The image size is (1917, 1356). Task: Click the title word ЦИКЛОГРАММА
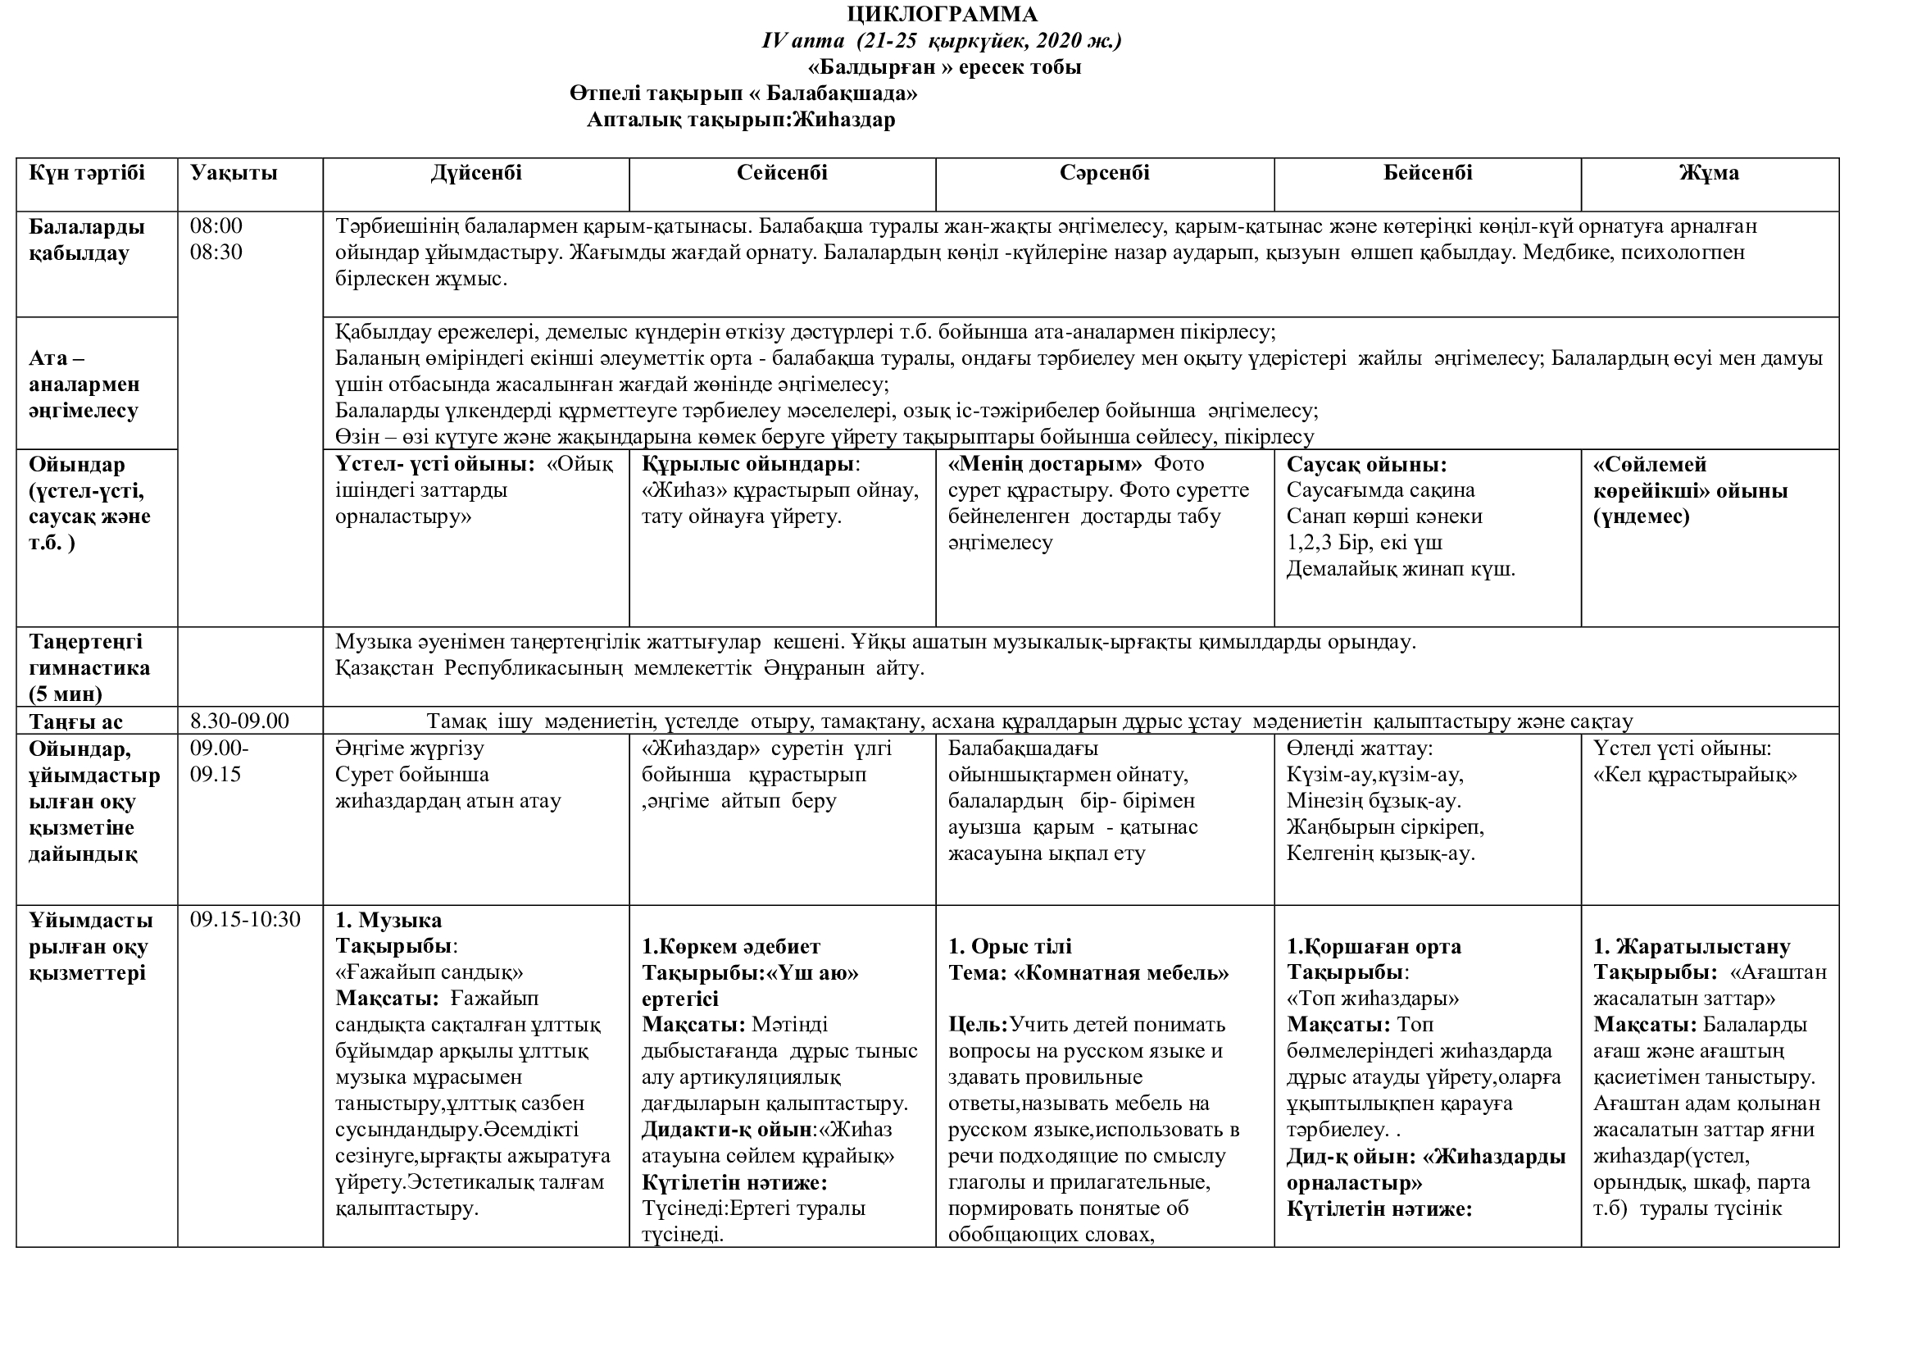(x=943, y=14)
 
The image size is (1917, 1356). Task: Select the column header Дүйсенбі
(x=476, y=173)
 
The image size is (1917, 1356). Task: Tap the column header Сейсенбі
(x=783, y=173)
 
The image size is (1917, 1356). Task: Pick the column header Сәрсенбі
(x=1105, y=173)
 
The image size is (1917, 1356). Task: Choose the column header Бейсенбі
(x=1428, y=173)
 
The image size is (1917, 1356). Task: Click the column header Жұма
(x=1709, y=173)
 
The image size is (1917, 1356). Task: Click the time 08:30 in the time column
(x=216, y=253)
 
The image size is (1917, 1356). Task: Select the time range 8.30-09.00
(x=239, y=721)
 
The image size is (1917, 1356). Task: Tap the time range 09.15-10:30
(x=246, y=920)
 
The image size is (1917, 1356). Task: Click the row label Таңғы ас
(x=76, y=721)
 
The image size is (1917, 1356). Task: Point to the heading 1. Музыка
(x=388, y=920)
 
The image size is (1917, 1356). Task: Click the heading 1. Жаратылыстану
(x=1692, y=947)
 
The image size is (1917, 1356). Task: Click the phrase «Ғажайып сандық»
(x=429, y=973)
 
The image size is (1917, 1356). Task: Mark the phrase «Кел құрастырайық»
(x=1695, y=775)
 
